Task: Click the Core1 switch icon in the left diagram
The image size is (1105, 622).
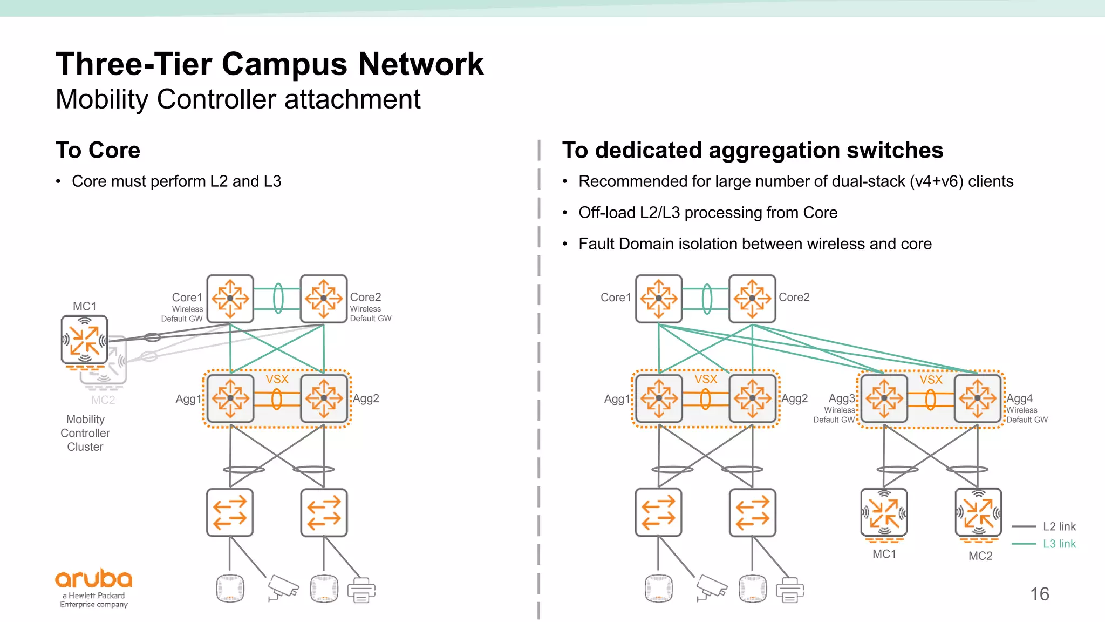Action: [230, 298]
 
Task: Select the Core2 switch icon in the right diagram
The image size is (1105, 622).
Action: [752, 298]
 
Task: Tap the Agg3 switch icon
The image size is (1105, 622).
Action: [884, 399]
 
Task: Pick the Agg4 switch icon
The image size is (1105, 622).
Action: [978, 399]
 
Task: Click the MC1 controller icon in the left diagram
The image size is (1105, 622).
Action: [84, 340]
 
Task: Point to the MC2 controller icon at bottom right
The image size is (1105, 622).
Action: [978, 513]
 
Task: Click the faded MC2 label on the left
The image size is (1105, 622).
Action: [103, 400]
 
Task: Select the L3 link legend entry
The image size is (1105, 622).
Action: [1059, 544]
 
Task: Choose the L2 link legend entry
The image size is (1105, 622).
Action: [1059, 526]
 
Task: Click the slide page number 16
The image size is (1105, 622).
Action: [1039, 594]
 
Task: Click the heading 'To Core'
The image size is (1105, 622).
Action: [98, 150]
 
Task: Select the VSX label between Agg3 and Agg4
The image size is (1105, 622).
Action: [931, 380]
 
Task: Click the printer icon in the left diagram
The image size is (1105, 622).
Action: [361, 590]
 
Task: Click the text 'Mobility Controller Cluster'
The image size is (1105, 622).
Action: [85, 433]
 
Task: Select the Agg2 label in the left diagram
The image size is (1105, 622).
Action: [366, 398]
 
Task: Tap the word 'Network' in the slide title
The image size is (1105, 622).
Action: [421, 64]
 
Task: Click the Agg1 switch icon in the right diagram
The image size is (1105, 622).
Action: [659, 399]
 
